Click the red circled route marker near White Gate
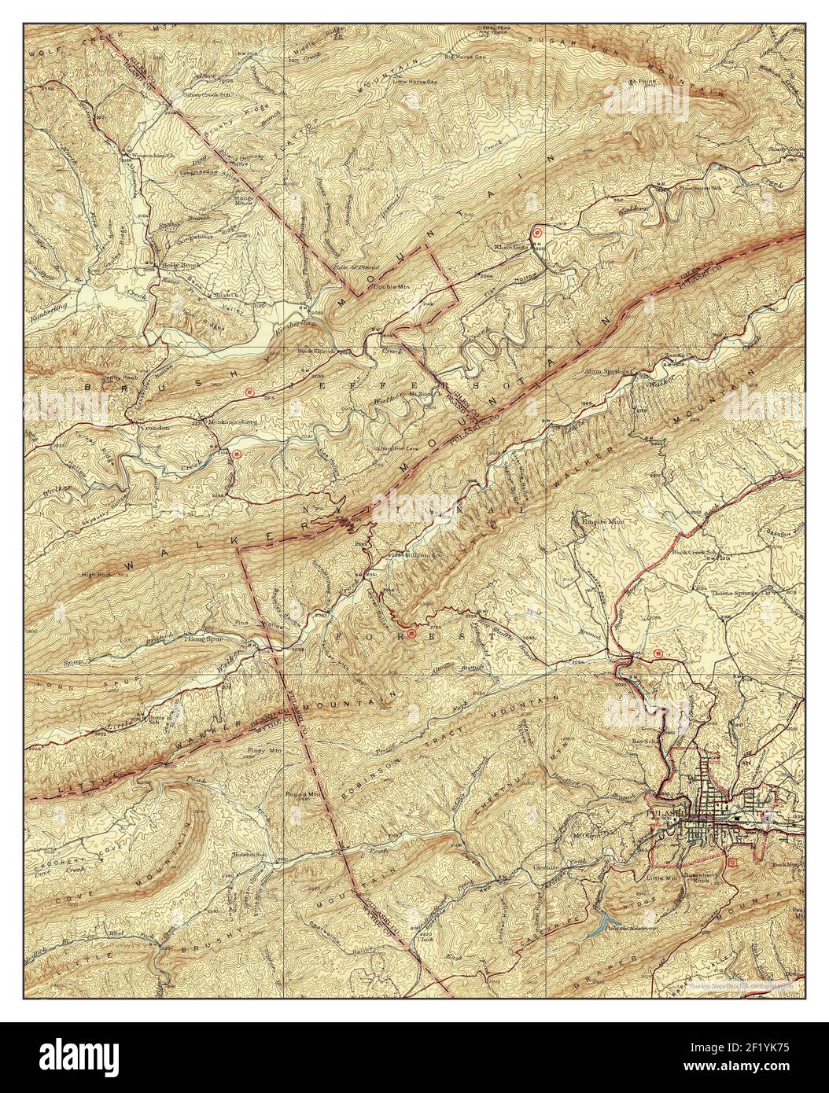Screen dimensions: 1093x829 point(537,232)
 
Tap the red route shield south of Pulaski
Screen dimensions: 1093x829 point(733,863)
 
